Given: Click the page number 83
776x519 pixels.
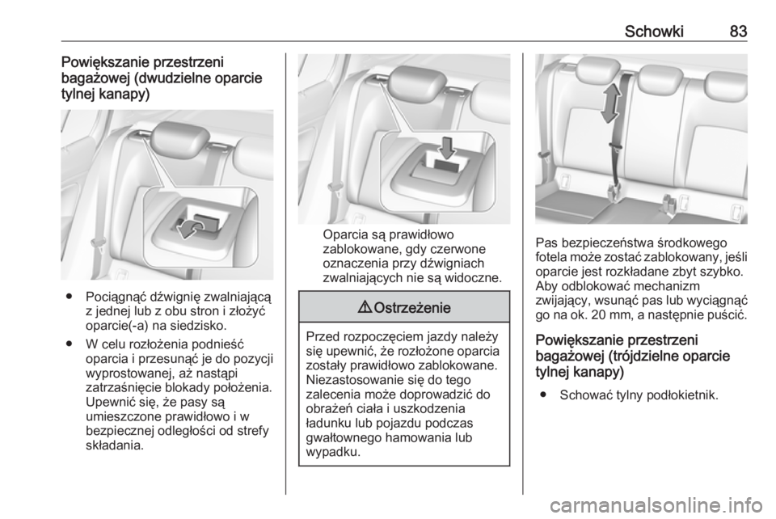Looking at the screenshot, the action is pyautogui.click(x=738, y=32).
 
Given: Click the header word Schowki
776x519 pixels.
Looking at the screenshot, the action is pyautogui.click(x=653, y=32).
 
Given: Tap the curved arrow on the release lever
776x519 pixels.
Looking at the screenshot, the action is pyautogui.click(x=191, y=229).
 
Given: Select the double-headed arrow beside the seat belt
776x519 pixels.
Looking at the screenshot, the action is pyautogui.click(x=611, y=103).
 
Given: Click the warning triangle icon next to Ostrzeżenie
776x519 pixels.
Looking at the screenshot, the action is pyautogui.click(x=369, y=307).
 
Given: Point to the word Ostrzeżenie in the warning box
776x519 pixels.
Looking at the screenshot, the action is pyautogui.click(x=412, y=308).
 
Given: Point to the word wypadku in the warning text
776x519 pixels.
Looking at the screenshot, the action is pyautogui.click(x=332, y=453).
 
